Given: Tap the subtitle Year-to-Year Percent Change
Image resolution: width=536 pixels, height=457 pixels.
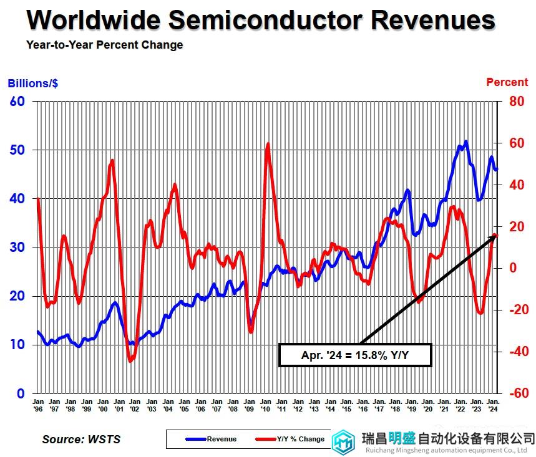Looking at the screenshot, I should [104, 45].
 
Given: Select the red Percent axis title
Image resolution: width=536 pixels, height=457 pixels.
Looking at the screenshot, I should [507, 82].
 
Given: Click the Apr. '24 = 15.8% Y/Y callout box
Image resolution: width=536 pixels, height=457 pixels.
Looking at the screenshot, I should [354, 355].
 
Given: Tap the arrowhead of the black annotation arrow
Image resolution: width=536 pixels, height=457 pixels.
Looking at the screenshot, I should [494, 237].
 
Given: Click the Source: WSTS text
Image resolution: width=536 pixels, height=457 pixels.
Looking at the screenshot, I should [81, 439].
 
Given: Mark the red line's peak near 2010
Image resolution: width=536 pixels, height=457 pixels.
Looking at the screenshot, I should [268, 144].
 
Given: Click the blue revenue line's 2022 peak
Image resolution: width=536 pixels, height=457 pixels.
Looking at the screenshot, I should [465, 142].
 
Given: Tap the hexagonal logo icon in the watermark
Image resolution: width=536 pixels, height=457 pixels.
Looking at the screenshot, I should [343, 442].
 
